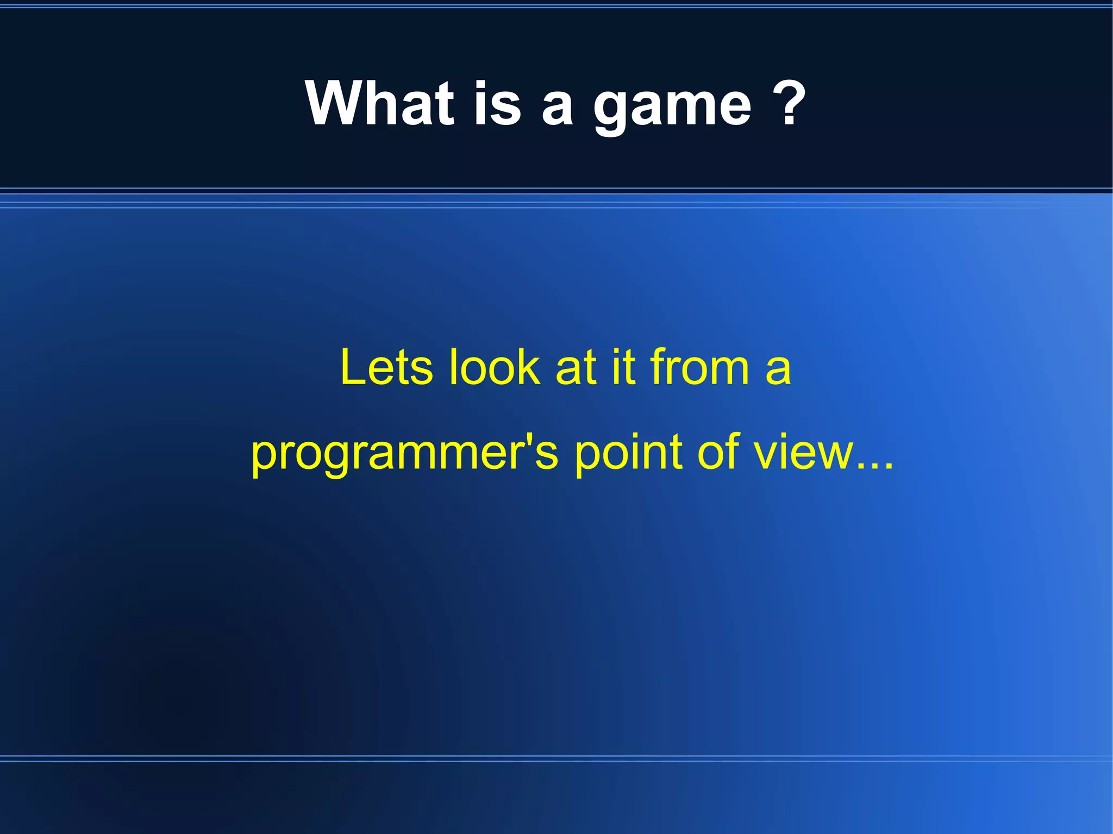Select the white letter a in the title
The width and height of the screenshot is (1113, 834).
558,107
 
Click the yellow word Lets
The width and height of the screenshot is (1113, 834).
386,367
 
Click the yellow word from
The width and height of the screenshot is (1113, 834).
700,367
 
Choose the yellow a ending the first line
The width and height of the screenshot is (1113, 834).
778,372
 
